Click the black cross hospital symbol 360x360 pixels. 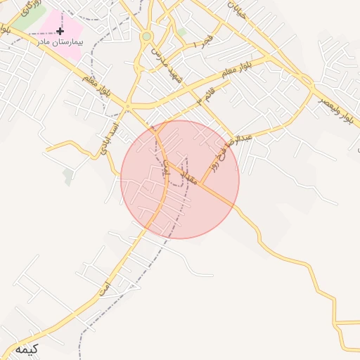pos(60,32)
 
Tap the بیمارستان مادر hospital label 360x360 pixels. pos(59,42)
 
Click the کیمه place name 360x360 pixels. pos(25,349)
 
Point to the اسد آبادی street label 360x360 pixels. pos(110,138)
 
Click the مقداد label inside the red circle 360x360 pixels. pos(187,176)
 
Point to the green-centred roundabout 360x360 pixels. pos(146,37)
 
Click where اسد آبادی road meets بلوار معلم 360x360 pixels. pos(127,106)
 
